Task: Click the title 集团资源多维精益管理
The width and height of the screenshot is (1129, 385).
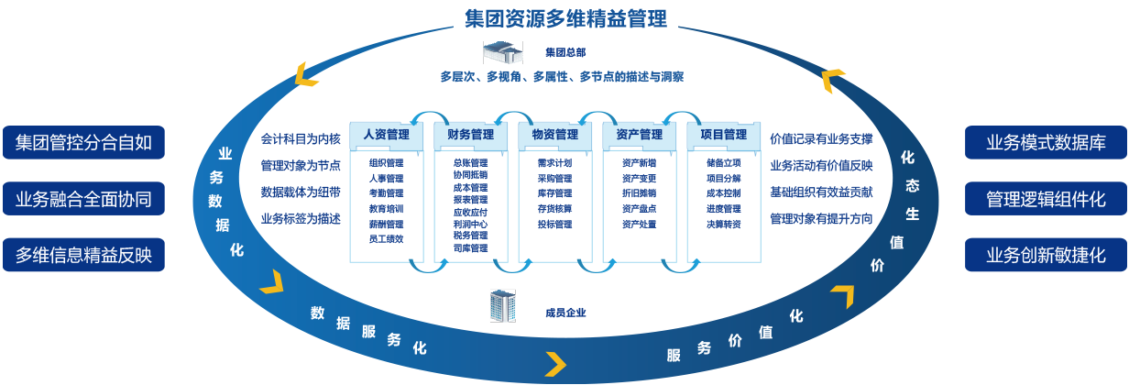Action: click(564, 17)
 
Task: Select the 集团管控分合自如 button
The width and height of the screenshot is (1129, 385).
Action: click(83, 142)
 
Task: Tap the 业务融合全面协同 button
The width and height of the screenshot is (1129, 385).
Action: click(83, 198)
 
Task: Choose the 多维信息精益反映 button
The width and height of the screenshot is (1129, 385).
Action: click(83, 254)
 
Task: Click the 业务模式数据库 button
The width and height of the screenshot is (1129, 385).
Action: click(1046, 142)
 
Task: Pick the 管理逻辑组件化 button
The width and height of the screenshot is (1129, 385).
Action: click(1046, 198)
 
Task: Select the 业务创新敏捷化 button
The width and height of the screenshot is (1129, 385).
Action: click(1046, 254)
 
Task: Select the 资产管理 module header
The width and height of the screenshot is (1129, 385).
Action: click(640, 135)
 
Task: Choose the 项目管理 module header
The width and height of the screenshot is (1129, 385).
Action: click(724, 135)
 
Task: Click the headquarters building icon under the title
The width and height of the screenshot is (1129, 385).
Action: click(501, 52)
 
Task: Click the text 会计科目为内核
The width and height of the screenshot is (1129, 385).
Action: click(301, 140)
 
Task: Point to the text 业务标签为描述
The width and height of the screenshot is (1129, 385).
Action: click(301, 219)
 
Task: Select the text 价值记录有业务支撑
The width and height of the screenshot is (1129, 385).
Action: click(821, 140)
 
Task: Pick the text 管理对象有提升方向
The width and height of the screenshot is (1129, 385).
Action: click(821, 219)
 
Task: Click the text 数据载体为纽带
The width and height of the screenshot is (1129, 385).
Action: click(301, 192)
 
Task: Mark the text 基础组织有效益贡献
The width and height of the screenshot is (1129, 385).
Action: click(821, 192)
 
